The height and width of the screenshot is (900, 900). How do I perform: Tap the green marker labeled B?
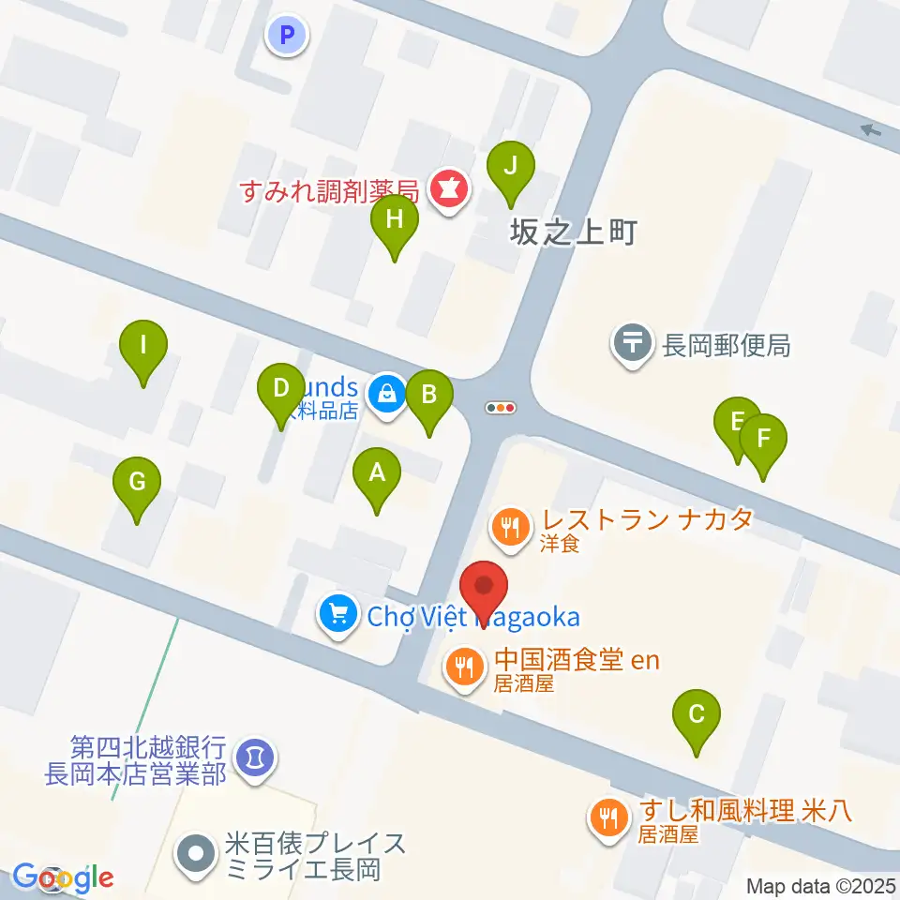(429, 396)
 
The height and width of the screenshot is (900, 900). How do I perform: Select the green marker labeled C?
(697, 715)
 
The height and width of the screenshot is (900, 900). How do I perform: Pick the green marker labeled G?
(137, 483)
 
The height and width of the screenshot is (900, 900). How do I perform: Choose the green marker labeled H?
(394, 220)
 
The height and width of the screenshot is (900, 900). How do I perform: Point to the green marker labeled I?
(143, 345)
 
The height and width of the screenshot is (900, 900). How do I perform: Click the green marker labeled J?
(511, 166)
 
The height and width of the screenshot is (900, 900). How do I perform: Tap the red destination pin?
(484, 589)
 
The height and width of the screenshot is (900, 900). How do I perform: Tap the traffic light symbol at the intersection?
(501, 408)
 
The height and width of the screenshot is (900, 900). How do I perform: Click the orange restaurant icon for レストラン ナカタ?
(509, 526)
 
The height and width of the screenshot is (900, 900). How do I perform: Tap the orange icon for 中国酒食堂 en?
(464, 667)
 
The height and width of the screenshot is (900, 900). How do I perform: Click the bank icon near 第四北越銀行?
(253, 755)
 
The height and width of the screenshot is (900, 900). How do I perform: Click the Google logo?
(64, 877)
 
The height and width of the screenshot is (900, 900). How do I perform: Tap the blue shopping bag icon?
(386, 393)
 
